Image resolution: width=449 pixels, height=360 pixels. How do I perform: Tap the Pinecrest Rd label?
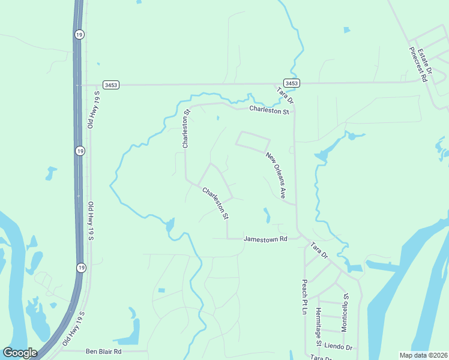click(x=418, y=64)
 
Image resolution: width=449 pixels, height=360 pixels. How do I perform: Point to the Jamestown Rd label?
click(x=265, y=239)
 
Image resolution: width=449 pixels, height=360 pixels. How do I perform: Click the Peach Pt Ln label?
click(x=305, y=296)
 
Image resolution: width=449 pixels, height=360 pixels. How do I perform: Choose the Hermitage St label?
click(x=319, y=325)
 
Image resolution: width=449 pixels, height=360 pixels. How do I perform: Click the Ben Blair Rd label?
click(x=104, y=351)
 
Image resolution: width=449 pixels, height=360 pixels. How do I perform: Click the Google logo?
click(x=20, y=353)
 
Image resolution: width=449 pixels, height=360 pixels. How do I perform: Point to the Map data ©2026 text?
click(x=424, y=355)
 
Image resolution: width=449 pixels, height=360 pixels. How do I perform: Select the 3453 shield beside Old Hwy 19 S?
click(x=110, y=85)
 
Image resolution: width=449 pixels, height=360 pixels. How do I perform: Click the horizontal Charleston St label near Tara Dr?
click(x=270, y=110)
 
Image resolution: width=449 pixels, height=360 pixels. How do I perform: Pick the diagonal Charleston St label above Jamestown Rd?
click(x=216, y=202)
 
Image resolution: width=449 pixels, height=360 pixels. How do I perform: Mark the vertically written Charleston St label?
click(x=186, y=129)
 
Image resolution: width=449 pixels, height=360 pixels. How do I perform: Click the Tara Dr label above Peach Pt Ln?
click(x=319, y=251)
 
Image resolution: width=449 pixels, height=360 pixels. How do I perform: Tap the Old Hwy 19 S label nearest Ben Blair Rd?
click(x=74, y=327)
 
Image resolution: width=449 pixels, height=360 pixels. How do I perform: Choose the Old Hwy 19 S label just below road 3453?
click(x=92, y=110)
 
